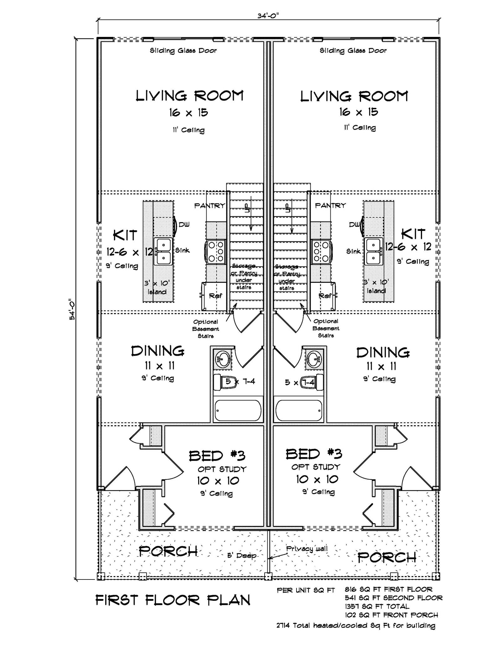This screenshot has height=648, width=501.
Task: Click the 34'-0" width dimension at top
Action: tap(268, 16)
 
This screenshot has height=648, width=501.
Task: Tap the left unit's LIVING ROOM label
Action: tap(189, 96)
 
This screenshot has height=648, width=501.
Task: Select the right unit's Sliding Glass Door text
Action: tap(353, 50)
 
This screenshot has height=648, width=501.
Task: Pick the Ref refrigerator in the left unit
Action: tap(215, 296)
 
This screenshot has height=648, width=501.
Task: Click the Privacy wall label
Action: tap(307, 549)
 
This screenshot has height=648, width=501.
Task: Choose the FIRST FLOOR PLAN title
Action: tap(173, 600)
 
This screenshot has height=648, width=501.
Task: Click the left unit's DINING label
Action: tap(158, 351)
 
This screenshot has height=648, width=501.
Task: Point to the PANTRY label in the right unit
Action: tap(330, 206)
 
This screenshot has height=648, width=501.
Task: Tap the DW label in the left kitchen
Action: tap(184, 225)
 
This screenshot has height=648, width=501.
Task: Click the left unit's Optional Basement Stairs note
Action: tap(205, 329)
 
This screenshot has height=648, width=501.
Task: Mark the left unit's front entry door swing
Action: tap(124, 479)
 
